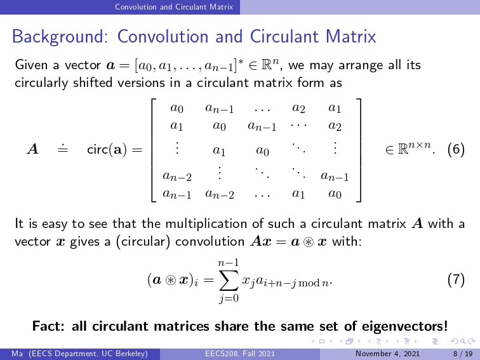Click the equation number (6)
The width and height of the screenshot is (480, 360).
456,149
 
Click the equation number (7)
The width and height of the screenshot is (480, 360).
456,280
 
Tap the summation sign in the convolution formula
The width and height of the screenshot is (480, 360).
229,280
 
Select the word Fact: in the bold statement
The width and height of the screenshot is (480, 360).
48,326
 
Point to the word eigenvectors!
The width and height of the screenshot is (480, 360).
404,326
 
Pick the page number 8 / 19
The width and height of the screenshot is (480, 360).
463,354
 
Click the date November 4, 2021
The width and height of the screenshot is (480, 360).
387,354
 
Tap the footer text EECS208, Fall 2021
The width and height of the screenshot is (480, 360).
240,354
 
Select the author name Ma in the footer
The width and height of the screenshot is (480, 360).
17,354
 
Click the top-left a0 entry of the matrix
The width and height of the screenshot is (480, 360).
177,108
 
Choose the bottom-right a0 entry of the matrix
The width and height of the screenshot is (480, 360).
335,194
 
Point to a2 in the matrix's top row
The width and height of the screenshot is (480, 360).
298,108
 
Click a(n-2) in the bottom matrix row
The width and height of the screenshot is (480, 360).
220,194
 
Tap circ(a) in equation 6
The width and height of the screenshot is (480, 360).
107,149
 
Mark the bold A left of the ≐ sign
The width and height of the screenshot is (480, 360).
33,149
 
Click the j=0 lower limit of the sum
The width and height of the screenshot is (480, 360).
229,298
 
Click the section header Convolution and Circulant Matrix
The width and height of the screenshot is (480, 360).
174,7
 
